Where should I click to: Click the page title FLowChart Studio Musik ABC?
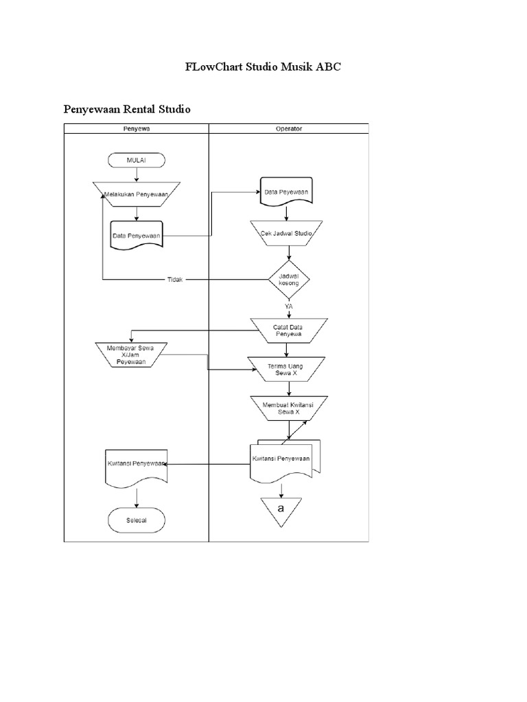click(x=263, y=67)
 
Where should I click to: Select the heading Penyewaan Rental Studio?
click(x=127, y=109)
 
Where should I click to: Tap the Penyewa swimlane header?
click(x=136, y=128)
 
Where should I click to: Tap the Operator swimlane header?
click(x=288, y=128)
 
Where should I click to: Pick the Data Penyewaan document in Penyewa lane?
click(x=136, y=235)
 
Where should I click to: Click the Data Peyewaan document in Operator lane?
click(x=286, y=193)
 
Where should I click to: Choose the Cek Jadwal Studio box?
click(x=286, y=234)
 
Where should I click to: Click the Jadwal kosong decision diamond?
click(x=288, y=279)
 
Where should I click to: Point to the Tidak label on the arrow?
click(x=176, y=280)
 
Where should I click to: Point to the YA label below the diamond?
click(x=288, y=307)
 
